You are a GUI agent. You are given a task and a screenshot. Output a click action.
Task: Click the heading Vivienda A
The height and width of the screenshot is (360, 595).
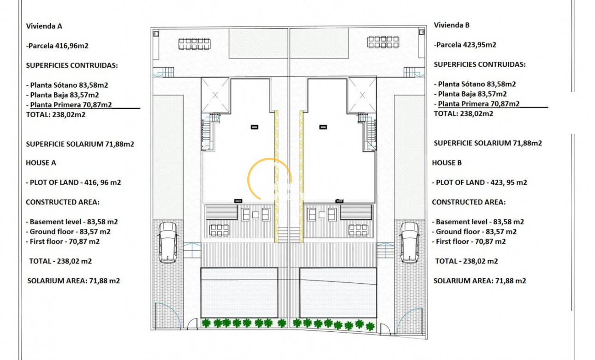coord(44,26)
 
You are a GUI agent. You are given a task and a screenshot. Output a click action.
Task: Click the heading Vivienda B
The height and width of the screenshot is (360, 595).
coord(452,25)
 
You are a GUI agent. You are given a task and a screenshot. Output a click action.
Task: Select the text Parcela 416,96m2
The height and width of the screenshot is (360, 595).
coord(58,46)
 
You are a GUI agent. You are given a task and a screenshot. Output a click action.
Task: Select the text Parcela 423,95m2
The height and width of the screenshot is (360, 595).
coord(465,45)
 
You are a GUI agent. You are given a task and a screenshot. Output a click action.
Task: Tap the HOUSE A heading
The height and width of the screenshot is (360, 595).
coord(41,162)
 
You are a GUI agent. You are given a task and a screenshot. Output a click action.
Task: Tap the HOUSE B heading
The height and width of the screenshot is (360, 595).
coord(447,162)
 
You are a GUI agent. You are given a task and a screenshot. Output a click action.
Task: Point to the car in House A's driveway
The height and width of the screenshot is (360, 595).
coord(167,242)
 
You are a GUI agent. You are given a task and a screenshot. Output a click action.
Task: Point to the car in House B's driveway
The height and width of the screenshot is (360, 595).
coord(409,242)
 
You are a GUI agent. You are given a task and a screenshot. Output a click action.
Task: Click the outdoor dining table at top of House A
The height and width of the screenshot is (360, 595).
coord(194,43)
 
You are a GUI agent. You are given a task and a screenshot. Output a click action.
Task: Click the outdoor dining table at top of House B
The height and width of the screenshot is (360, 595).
coord(383,42)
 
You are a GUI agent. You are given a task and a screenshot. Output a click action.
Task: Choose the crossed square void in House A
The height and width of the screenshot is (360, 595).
coord(215,95)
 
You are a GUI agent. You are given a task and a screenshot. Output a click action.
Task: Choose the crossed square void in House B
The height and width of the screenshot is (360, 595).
coord(362,95)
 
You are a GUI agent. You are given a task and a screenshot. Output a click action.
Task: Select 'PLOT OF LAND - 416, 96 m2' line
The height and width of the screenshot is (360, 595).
coord(73,182)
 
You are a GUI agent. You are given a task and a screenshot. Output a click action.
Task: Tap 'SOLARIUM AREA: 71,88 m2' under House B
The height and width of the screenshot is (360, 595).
coord(480,281)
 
